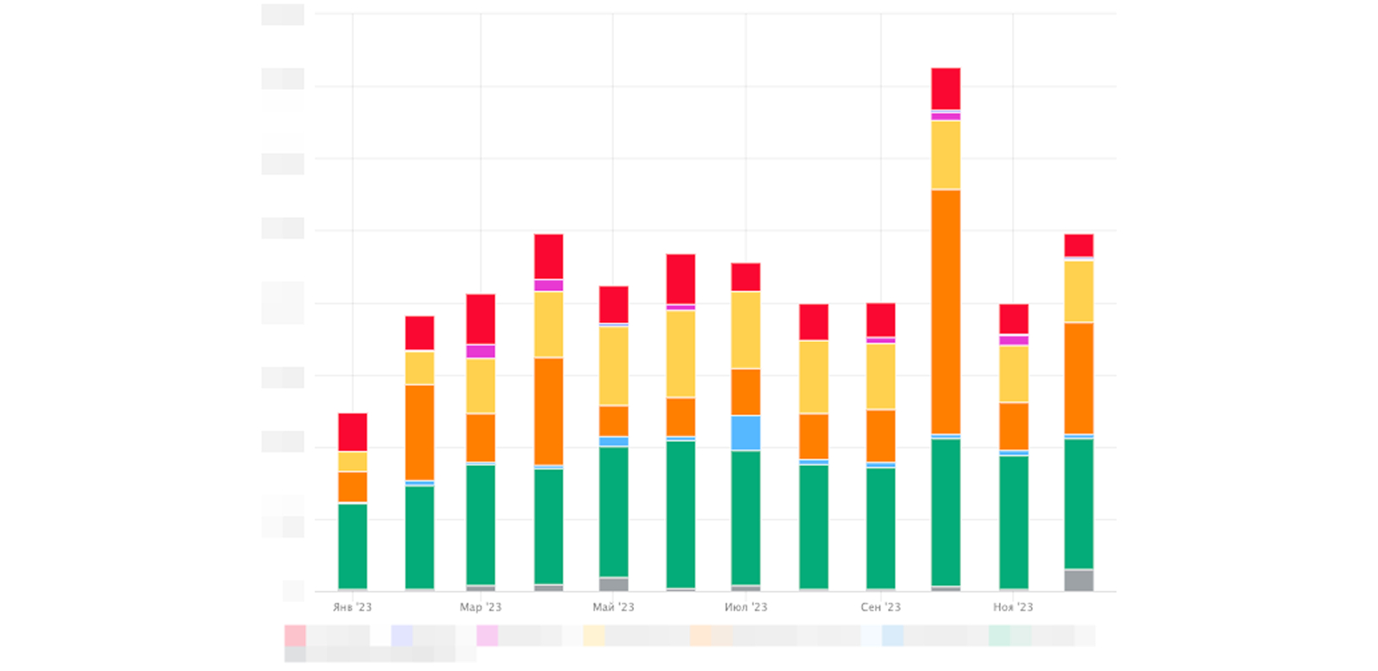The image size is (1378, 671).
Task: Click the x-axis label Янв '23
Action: [x=352, y=607]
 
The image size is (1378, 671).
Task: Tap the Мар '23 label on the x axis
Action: [x=481, y=607]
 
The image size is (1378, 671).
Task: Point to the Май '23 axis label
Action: [x=613, y=607]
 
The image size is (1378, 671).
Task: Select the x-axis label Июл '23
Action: [x=746, y=607]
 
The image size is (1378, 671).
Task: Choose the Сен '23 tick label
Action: [x=880, y=607]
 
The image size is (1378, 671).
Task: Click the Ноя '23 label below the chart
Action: [x=1013, y=607]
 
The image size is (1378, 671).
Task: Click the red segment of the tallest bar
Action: [x=946, y=89]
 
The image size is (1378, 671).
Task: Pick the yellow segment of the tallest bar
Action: [x=946, y=155]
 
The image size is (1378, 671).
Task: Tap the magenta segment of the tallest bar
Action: [x=946, y=116]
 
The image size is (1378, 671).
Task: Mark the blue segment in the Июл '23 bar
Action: [x=746, y=432]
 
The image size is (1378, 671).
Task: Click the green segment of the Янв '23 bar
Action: [x=352, y=546]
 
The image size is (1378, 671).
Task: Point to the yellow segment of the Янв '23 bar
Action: [x=352, y=462]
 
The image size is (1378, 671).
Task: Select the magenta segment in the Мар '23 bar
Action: [x=481, y=351]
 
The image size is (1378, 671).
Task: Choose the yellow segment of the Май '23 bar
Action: [x=613, y=366]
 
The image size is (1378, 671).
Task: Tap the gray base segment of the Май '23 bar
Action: [x=613, y=584]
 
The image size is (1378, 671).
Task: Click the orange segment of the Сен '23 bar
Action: [x=880, y=436]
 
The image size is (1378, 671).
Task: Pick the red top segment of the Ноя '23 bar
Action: [x=1014, y=319]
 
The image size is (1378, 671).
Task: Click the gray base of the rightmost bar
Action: [x=1079, y=581]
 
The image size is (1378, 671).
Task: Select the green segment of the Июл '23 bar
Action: [x=746, y=518]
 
